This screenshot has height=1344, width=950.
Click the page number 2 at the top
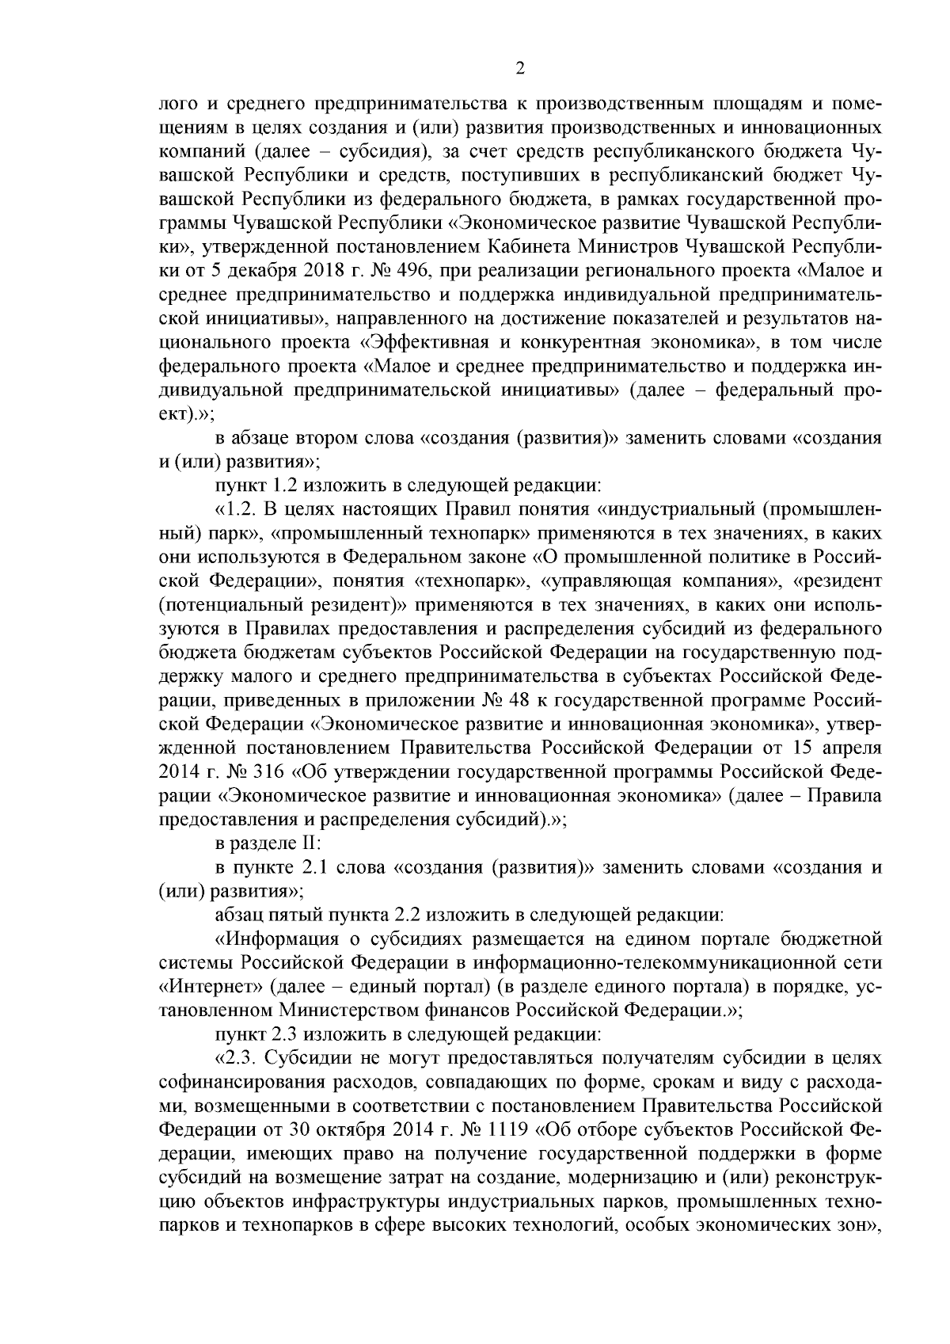coord(520,69)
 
